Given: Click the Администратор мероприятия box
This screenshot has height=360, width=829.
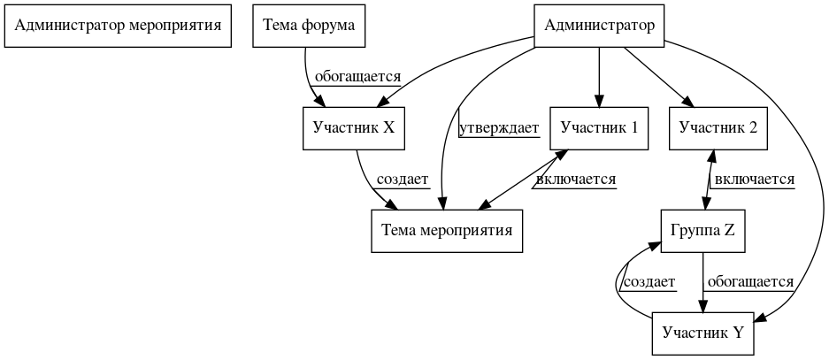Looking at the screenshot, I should [x=118, y=26].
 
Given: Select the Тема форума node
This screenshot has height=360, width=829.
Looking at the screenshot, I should [x=309, y=26].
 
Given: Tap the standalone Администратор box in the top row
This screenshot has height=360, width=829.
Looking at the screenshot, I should [x=600, y=26].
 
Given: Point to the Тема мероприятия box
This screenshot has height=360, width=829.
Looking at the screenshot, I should [x=447, y=231].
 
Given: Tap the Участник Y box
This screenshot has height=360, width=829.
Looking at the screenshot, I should [x=703, y=333].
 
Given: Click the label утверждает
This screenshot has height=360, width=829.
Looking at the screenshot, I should [x=499, y=129].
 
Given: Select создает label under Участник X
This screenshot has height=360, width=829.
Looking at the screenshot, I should [x=403, y=180].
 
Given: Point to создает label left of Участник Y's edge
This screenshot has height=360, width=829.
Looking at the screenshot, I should [x=649, y=282].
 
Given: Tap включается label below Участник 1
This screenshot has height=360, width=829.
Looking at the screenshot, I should [x=575, y=180].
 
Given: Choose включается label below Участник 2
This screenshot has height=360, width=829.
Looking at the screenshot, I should [x=754, y=180].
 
